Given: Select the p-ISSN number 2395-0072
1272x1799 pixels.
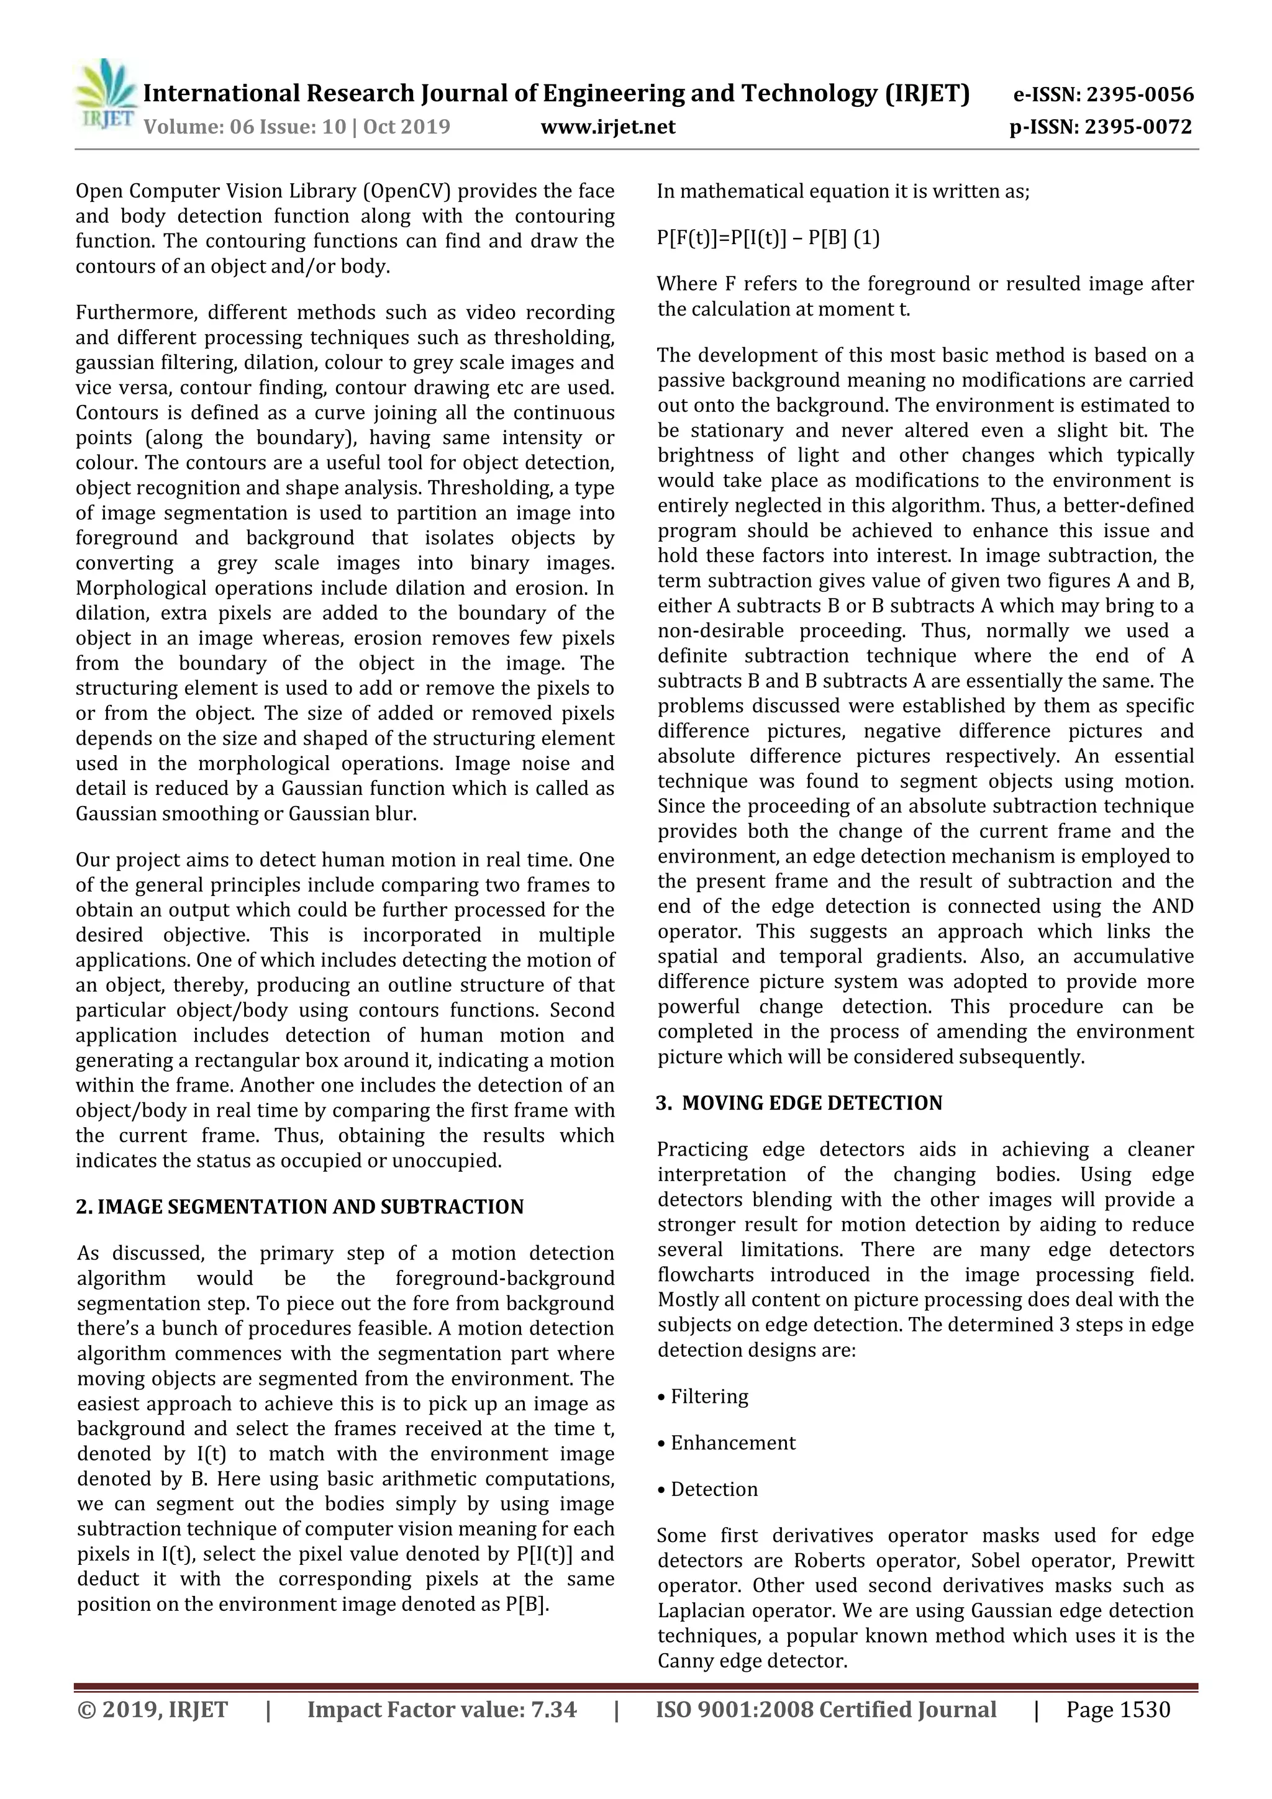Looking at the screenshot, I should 1138,127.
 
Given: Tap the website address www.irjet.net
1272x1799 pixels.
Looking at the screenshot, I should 607,127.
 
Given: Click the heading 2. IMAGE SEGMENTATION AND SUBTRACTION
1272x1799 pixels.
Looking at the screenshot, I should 299,1207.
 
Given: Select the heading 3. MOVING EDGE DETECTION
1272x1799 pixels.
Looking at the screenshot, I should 799,1103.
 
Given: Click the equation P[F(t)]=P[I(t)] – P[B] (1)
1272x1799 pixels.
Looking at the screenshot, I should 768,238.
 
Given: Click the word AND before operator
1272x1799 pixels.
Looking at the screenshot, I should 1173,907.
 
